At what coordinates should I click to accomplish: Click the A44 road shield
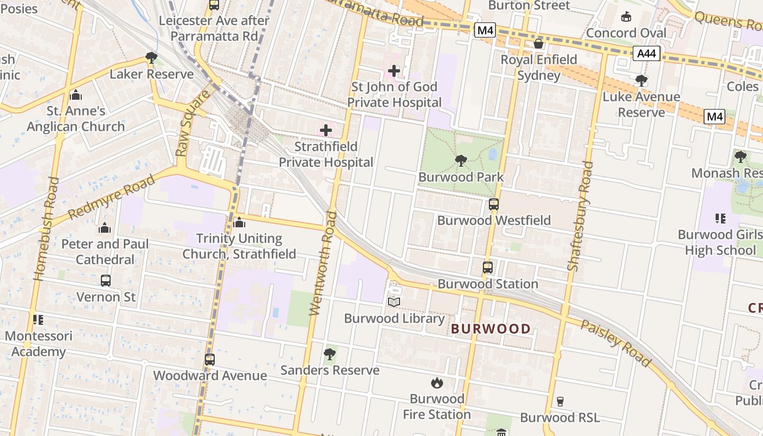point(647,53)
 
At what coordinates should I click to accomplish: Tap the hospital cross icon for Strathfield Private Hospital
point(326,130)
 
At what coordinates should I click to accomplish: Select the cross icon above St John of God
point(393,71)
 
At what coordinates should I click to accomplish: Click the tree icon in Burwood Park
point(461,160)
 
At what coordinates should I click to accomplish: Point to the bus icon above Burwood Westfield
point(493,204)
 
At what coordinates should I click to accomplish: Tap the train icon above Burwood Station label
point(488,268)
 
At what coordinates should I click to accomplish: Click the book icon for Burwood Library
point(394,302)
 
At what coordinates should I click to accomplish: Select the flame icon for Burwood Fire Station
point(437,383)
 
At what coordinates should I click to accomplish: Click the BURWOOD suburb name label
point(491,329)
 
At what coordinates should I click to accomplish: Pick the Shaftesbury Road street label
point(579,216)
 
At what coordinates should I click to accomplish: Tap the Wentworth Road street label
point(323,263)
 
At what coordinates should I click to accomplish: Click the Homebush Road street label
point(46,229)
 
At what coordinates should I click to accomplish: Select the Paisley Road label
point(615,343)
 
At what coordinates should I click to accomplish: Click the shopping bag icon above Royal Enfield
point(538,44)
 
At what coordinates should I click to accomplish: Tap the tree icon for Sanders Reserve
point(329,354)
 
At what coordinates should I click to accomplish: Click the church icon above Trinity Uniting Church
point(239,223)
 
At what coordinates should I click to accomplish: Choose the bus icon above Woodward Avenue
point(210,360)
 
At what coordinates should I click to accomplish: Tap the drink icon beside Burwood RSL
point(560,402)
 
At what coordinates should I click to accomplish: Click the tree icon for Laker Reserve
point(152,58)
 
